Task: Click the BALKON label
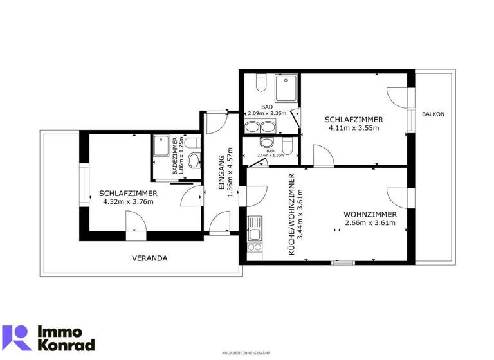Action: click(x=433, y=114)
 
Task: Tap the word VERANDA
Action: click(x=149, y=258)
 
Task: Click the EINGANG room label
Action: click(x=221, y=172)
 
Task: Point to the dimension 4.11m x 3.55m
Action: click(x=354, y=128)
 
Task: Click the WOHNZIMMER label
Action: click(x=369, y=214)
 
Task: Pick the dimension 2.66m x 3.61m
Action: click(x=369, y=223)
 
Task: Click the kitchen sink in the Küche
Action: click(x=255, y=226)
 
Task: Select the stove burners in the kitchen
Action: click(x=255, y=245)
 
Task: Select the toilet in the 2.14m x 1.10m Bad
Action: click(x=288, y=145)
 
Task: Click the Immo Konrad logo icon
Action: click(x=17, y=338)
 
